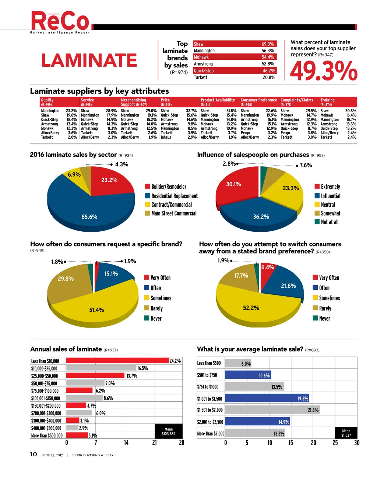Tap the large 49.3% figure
tap(324, 71)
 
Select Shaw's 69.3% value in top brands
tap(268, 44)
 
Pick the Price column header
tap(165, 100)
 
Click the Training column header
tap(327, 100)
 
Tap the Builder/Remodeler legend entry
tap(169, 187)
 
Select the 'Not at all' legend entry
tap(330, 222)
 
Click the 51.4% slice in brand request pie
tap(96, 308)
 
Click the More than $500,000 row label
tap(47, 436)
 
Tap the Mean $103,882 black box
tap(169, 431)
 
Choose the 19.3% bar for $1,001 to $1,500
tap(267, 398)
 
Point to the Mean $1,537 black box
tap(346, 433)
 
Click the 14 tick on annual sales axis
tap(126, 443)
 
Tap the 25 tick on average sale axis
tap(335, 443)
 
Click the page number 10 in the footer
tap(33, 454)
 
